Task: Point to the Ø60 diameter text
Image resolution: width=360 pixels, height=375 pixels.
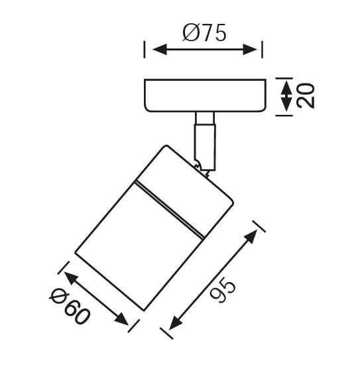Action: [69, 306]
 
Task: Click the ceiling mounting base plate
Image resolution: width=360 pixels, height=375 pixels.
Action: [204, 96]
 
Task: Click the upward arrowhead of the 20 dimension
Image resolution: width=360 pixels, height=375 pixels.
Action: [285, 84]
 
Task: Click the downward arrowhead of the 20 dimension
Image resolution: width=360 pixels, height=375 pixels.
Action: [285, 108]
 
